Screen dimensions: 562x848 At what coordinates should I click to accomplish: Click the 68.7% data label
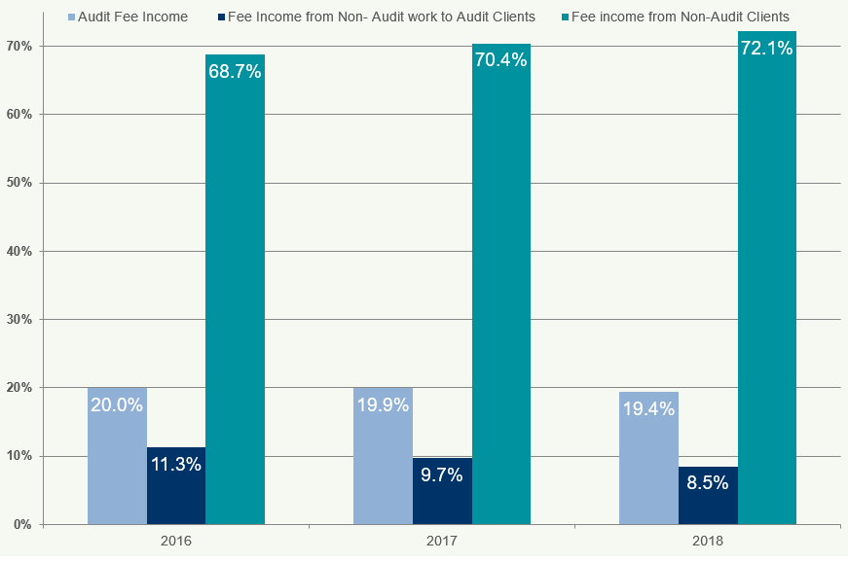tap(234, 72)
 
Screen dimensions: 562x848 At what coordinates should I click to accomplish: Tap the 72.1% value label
tap(767, 48)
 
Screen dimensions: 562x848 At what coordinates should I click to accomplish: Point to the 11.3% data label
tap(176, 464)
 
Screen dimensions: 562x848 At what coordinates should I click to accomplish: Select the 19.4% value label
tap(647, 409)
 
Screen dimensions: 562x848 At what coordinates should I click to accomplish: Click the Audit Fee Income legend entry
tap(132, 17)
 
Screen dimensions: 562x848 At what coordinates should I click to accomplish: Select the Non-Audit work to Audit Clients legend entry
tap(381, 17)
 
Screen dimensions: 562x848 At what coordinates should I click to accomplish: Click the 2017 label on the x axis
tap(441, 540)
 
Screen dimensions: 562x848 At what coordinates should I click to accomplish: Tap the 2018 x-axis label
tap(707, 540)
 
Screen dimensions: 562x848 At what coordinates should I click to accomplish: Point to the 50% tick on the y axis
tap(19, 183)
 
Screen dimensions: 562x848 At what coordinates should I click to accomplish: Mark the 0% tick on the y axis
tap(22, 524)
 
